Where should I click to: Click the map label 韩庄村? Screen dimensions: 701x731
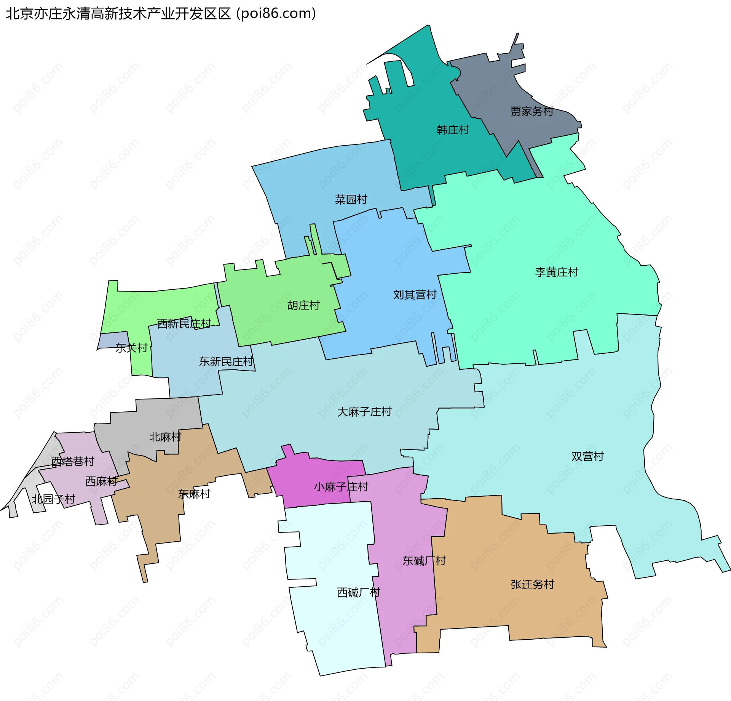[x=453, y=130]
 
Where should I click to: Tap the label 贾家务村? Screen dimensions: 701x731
[x=531, y=111]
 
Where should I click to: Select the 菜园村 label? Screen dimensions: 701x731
[x=351, y=199]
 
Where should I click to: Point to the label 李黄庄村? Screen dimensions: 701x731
[x=556, y=272]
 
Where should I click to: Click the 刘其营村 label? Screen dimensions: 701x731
[x=415, y=295]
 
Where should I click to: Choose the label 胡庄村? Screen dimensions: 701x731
[x=303, y=305]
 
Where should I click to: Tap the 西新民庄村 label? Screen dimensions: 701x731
[x=184, y=324]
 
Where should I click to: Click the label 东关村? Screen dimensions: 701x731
[x=131, y=348]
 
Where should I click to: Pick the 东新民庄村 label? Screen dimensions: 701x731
[x=226, y=361]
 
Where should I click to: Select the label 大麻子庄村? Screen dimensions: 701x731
[x=364, y=412]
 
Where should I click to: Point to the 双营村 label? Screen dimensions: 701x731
[x=587, y=456]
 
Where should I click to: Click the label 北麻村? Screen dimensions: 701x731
[x=165, y=437]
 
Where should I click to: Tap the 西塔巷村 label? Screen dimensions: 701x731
[x=73, y=461]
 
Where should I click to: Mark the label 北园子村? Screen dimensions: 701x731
[x=53, y=499]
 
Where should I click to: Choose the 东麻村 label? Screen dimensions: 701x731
[x=194, y=494]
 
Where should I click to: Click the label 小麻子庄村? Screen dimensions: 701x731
[x=341, y=487]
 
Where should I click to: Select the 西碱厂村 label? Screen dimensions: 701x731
[x=359, y=592]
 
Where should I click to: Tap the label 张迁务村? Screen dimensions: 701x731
[x=532, y=584]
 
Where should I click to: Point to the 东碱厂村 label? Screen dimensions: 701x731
[x=424, y=561]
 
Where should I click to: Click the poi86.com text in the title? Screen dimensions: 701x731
[x=276, y=14]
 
